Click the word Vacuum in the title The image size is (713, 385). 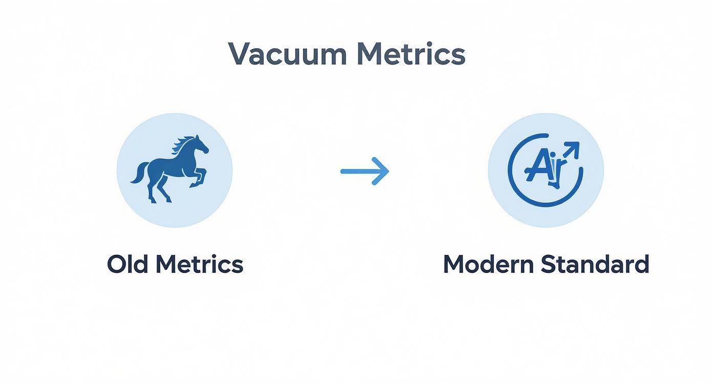287,54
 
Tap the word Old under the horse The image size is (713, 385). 128,264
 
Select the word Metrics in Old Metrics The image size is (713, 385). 199,264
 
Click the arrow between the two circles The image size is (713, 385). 365,171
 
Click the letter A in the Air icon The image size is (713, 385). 536,166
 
